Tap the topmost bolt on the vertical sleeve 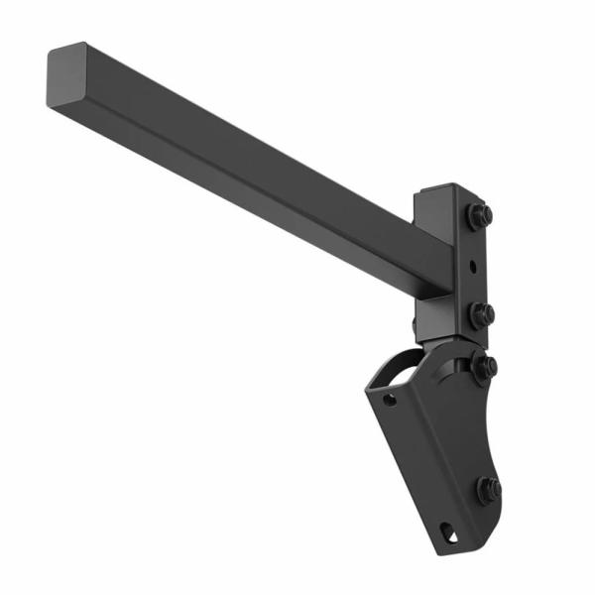click(480, 214)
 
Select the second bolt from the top click(483, 314)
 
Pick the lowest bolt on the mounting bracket click(487, 489)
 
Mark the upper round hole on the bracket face click(391, 401)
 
